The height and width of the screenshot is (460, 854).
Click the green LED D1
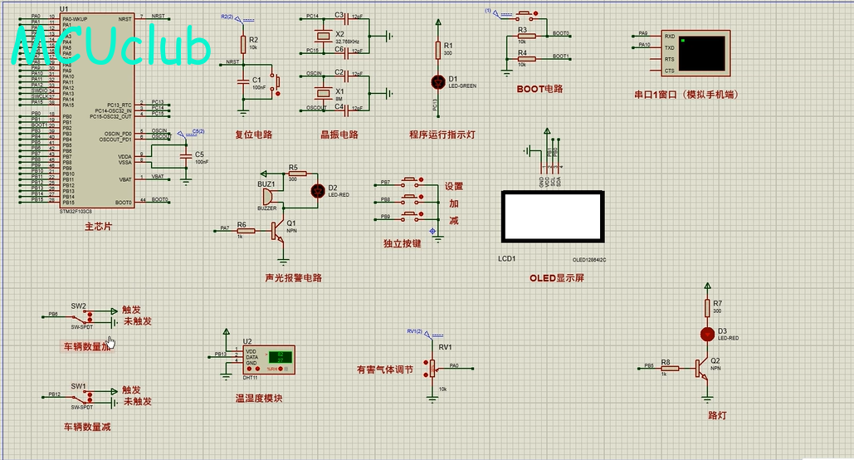pos(439,81)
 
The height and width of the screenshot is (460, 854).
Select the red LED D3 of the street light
pos(707,334)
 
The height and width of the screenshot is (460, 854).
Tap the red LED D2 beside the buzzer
pos(317,190)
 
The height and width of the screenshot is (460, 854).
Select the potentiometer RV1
pos(432,367)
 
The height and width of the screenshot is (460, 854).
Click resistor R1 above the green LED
pos(439,51)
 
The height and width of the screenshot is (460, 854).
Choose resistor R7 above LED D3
pos(707,308)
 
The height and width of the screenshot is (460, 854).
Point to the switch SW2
pos(81,316)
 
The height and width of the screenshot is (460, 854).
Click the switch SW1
pos(81,394)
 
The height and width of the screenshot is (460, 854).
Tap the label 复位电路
pos(253,135)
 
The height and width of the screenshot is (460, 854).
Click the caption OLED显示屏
pos(557,278)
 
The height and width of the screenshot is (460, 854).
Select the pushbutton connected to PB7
pos(410,182)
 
